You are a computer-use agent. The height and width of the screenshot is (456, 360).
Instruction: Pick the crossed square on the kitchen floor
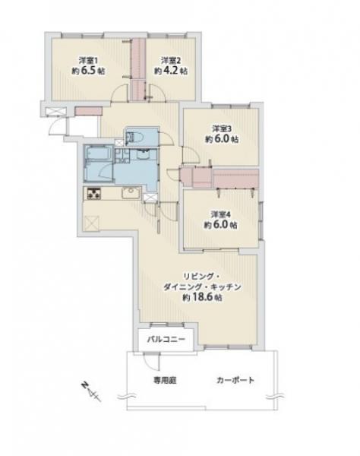click(x=93, y=224)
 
